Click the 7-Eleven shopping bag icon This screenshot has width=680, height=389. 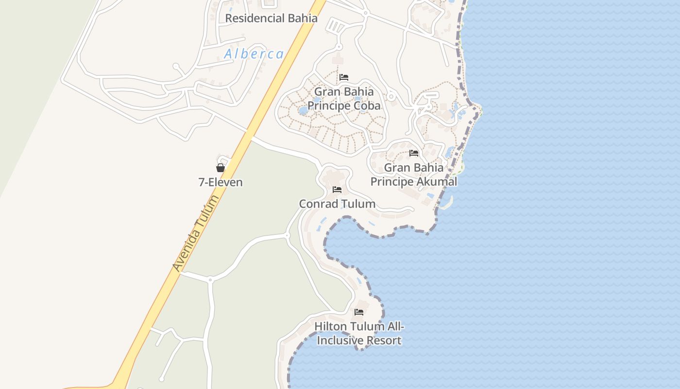tap(221, 168)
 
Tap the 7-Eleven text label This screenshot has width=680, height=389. tap(221, 182)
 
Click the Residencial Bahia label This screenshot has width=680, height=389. tap(271, 18)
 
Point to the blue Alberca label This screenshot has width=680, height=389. tap(254, 54)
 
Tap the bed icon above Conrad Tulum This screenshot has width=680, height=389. tap(337, 190)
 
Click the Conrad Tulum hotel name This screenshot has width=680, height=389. tap(337, 204)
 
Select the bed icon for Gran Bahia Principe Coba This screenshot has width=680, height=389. tap(344, 77)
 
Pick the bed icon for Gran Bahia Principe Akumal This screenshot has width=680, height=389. tap(414, 153)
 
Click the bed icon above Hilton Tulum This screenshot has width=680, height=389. tap(359, 312)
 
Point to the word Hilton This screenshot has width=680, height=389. tap(330, 326)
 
